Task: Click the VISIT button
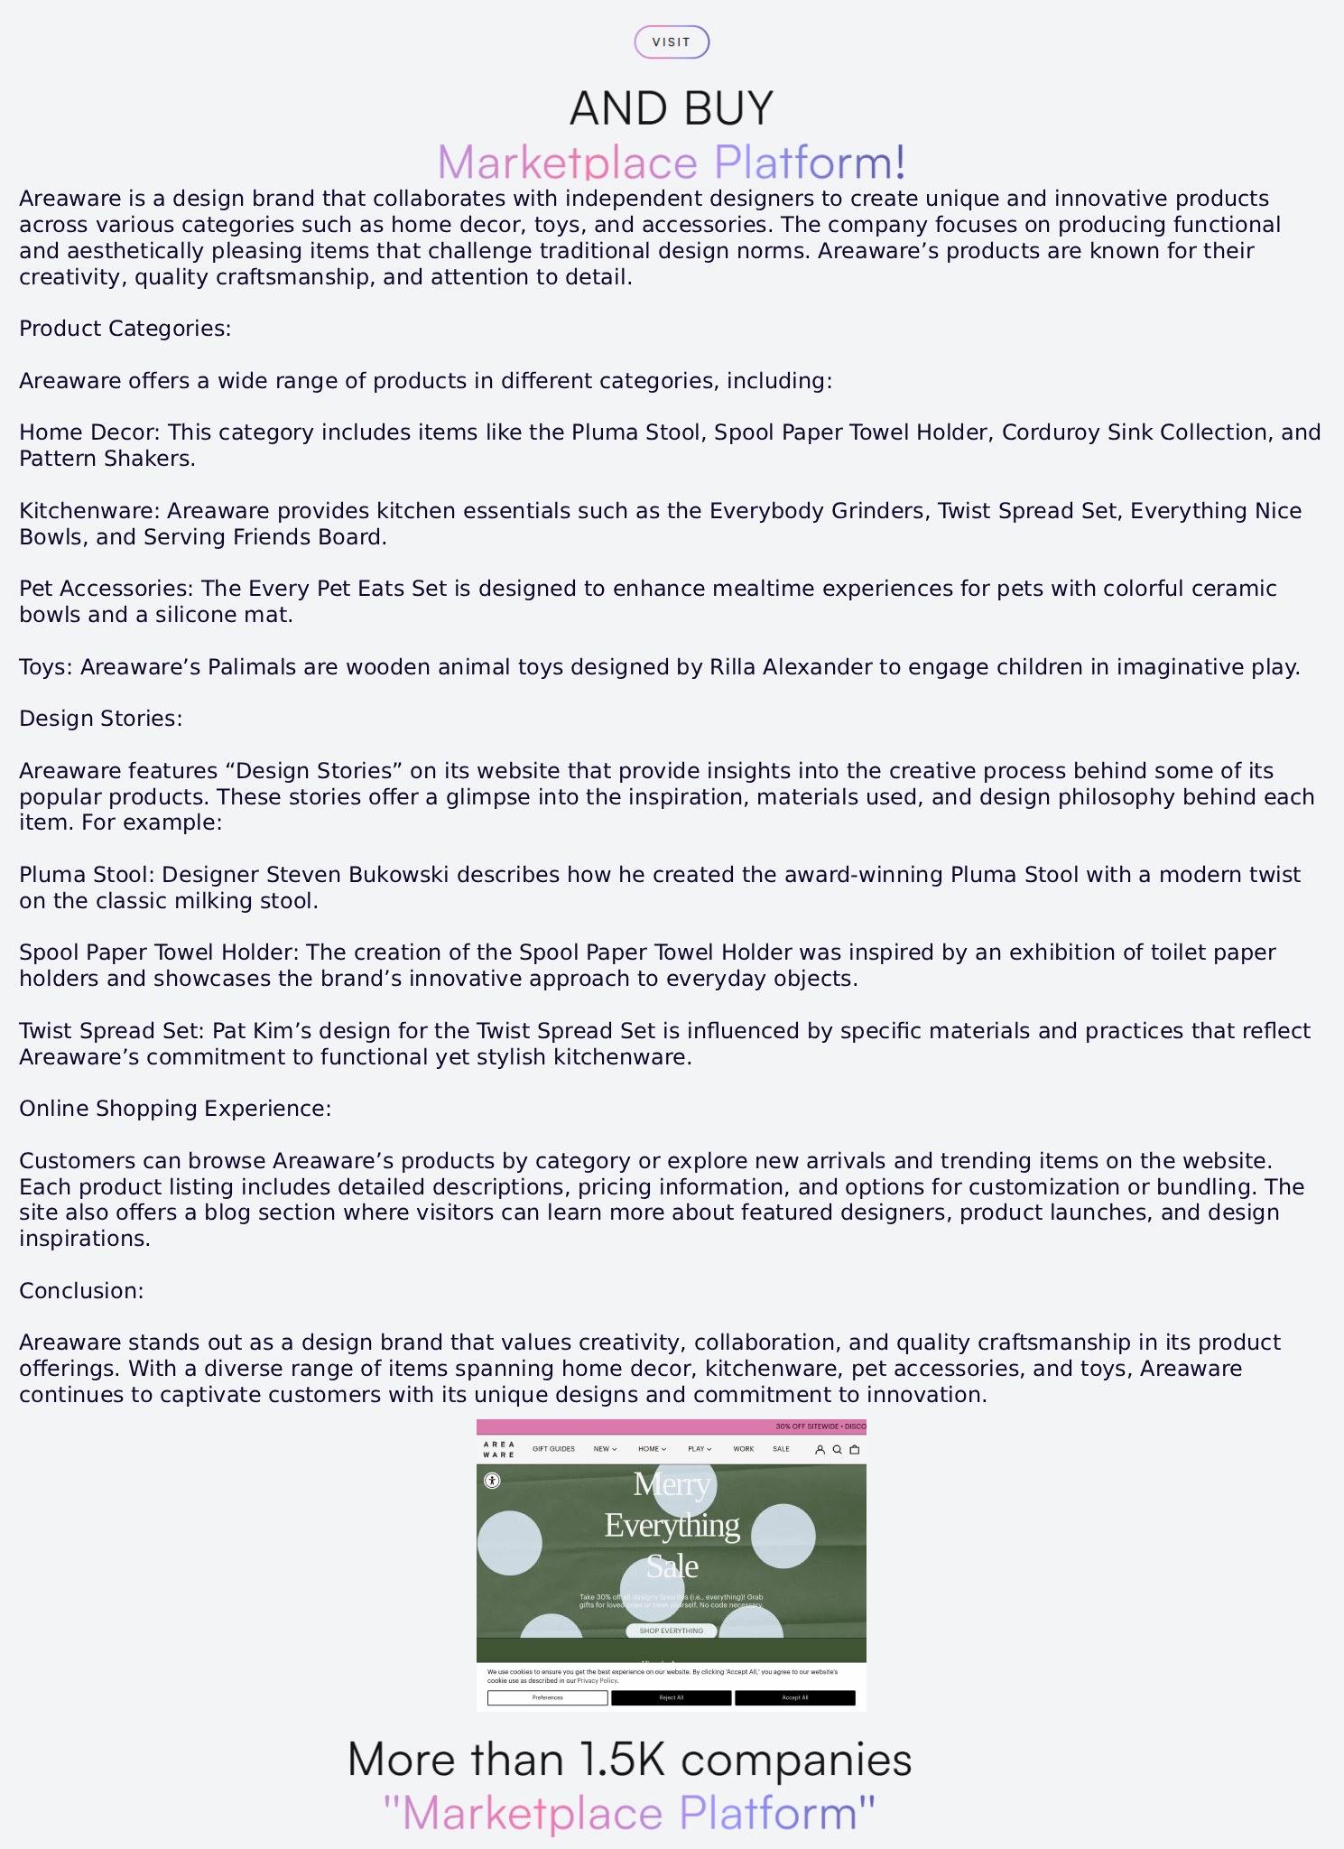[672, 42]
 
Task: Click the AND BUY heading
[672, 108]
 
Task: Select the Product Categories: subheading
[125, 329]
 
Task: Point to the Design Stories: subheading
[101, 719]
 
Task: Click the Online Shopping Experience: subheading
[175, 1109]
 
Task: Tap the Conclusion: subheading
[81, 1291]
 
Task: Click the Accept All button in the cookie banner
[794, 1698]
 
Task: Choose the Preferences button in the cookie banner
[547, 1698]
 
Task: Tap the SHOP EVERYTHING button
[671, 1631]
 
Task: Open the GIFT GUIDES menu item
[553, 1449]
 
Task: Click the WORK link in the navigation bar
[744, 1449]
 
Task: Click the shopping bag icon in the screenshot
[855, 1450]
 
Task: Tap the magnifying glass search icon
[837, 1450]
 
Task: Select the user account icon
[820, 1450]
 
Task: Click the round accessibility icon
[492, 1481]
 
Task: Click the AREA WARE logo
[498, 1450]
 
